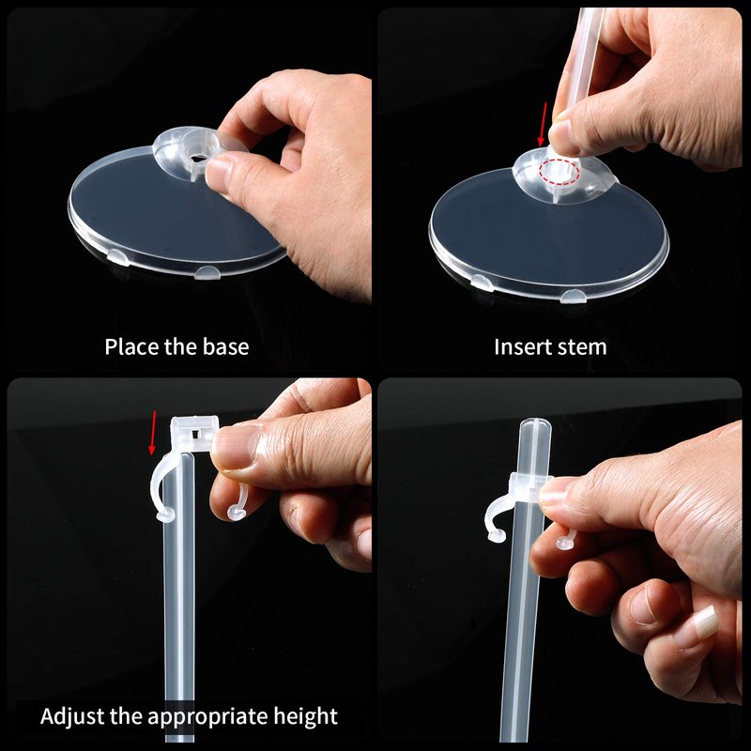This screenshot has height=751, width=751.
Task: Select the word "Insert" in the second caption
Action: tap(521, 346)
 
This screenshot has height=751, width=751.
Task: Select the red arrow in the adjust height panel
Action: tap(152, 432)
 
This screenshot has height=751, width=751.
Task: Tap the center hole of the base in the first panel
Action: tap(196, 158)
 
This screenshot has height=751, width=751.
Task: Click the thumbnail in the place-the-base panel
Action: tap(219, 171)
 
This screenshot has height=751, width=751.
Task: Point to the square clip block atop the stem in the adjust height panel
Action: tap(194, 433)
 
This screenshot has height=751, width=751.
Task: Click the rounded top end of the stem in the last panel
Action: tap(535, 424)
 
